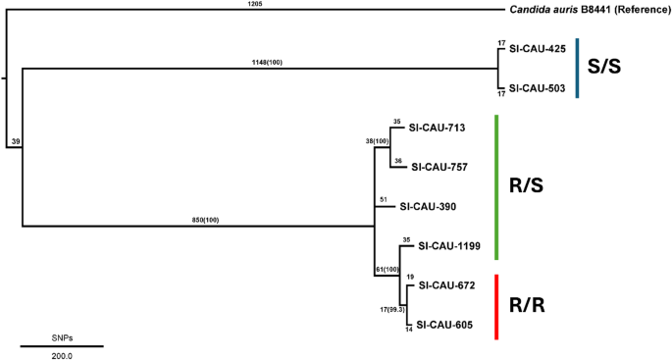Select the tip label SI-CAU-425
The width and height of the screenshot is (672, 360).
(x=538, y=48)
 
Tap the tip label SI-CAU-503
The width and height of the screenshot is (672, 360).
(x=538, y=87)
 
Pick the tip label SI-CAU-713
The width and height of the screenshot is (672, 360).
(x=436, y=128)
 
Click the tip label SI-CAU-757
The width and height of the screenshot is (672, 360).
(x=442, y=168)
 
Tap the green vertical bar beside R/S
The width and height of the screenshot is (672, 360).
(x=498, y=187)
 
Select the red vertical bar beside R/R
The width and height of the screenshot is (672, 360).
(x=498, y=307)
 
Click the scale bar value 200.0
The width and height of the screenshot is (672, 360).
(x=62, y=354)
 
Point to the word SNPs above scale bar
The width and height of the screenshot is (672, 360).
(x=62, y=336)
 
